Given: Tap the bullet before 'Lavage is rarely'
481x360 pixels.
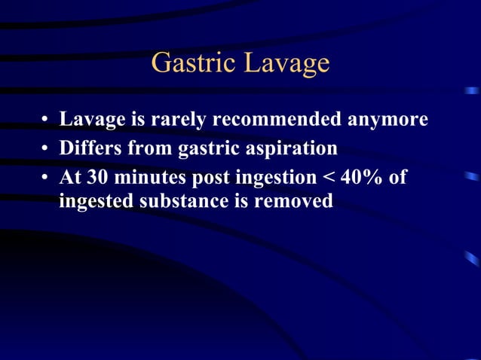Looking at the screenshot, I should (x=46, y=121).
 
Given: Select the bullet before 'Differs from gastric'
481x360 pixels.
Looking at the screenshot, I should (x=46, y=148).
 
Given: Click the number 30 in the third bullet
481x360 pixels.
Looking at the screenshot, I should (x=97, y=175).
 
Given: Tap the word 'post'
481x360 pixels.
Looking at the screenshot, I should (x=204, y=177).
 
